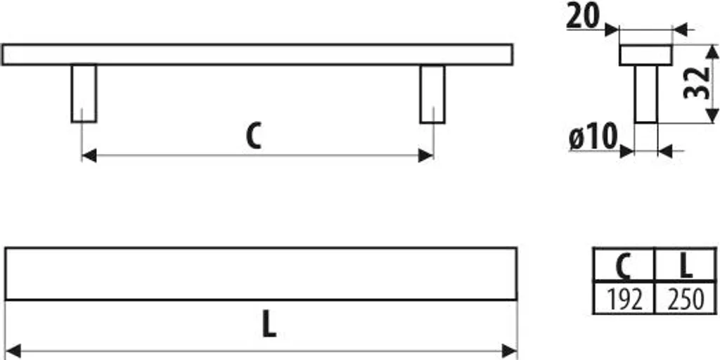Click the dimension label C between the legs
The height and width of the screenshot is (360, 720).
[254, 136]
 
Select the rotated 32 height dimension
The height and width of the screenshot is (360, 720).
[697, 83]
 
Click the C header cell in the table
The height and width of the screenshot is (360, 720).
[623, 264]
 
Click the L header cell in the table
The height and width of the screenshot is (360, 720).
[685, 264]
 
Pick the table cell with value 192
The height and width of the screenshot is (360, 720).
[623, 298]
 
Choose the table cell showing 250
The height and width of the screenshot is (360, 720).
[685, 298]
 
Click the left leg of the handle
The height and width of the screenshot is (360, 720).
[84, 94]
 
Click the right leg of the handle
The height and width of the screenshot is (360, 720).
[432, 94]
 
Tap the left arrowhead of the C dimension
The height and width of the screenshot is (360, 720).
[89, 155]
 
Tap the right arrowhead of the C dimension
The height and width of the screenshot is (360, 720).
[425, 155]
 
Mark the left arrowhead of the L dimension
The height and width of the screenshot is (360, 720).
[13, 351]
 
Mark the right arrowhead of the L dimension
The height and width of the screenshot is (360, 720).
[510, 351]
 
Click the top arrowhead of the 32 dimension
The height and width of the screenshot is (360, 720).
[712, 52]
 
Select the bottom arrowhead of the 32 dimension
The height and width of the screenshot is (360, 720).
[712, 116]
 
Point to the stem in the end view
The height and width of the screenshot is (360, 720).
[646, 94]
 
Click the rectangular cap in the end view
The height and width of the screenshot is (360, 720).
[645, 55]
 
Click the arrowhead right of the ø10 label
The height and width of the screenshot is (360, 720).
[626, 150]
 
